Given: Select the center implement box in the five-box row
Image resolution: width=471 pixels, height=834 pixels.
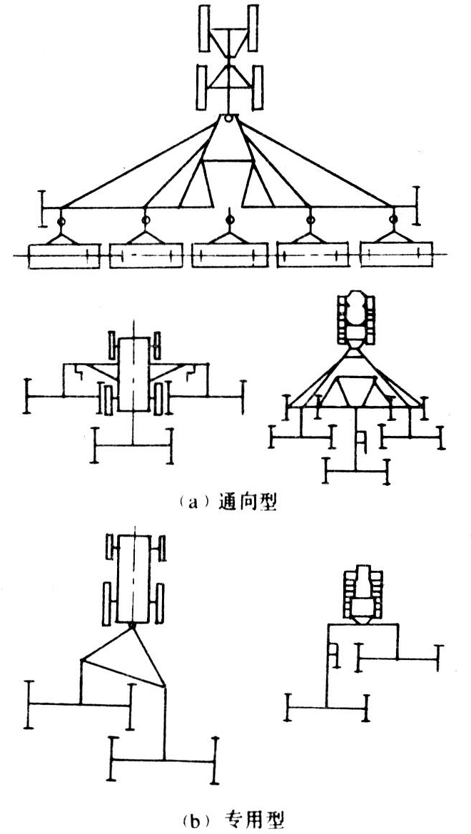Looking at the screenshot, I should (229, 256).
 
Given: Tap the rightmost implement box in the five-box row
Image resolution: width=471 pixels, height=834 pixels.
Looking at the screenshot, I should (395, 255).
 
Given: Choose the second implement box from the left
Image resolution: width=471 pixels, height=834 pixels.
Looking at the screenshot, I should (146, 256).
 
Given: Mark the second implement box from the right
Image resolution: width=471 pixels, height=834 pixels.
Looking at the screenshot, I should (313, 256).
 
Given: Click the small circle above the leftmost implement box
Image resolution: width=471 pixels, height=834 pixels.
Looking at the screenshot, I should (63, 222).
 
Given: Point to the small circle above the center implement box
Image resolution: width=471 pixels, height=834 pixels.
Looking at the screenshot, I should (229, 219).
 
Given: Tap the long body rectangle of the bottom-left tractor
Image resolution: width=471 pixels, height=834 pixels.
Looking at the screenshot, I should (133, 578).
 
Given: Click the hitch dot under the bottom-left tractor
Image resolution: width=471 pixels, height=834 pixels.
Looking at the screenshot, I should (133, 626).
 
